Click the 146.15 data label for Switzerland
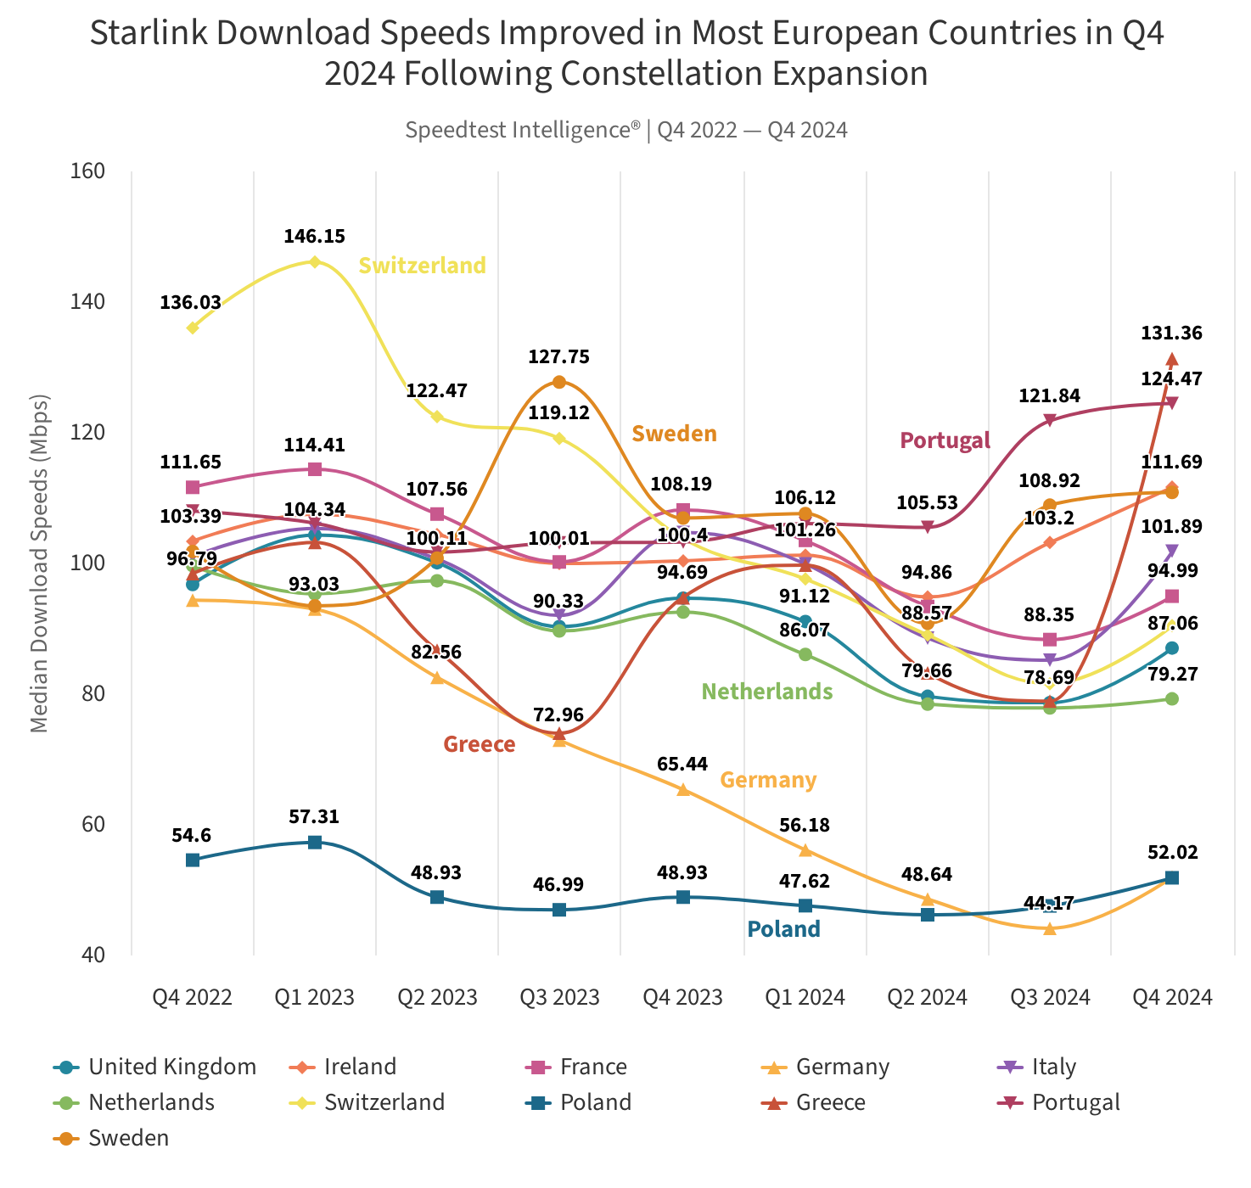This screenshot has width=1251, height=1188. click(x=314, y=237)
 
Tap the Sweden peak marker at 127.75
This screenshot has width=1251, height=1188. click(x=558, y=382)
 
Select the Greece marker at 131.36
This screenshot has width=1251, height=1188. click(x=1171, y=360)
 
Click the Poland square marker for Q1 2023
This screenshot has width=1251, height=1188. click(x=314, y=842)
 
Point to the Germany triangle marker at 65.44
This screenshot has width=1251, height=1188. click(x=682, y=789)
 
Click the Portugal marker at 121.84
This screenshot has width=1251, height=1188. click(x=1049, y=420)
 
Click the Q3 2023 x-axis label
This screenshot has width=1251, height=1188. click(x=559, y=997)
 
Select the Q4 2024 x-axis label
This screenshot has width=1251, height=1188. click(x=1172, y=997)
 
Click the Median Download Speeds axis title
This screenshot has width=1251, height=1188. click(x=39, y=563)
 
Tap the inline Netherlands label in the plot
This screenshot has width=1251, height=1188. click(x=766, y=692)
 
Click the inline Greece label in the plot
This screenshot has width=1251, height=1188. click(x=480, y=744)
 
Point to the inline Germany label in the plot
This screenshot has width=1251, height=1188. click(x=768, y=780)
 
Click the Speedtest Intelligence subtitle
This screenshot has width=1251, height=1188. click(x=626, y=130)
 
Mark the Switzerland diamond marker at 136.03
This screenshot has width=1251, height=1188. click(x=193, y=328)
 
